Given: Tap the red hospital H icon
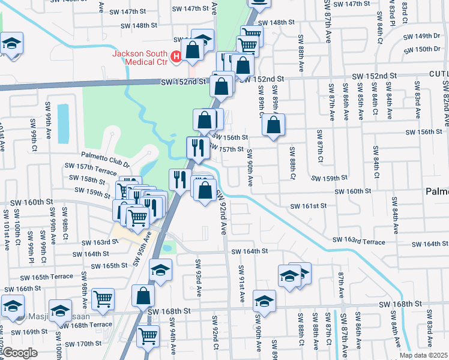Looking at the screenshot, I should click(176, 56).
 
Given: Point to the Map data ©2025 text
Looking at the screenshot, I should click(423, 355).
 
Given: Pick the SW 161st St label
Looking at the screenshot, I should click(308, 206).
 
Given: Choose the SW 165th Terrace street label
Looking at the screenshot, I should click(46, 278).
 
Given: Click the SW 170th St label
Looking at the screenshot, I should click(84, 344).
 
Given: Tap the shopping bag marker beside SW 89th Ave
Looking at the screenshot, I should click(273, 125).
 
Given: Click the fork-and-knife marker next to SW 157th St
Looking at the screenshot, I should click(197, 147).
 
